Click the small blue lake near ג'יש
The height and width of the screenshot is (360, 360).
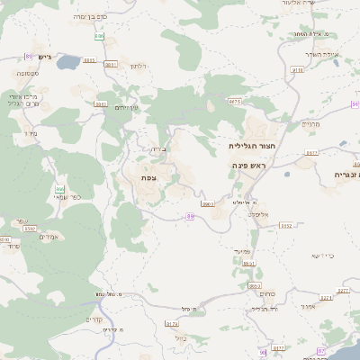click(69, 64)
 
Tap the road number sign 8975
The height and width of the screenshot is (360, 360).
click(235, 102)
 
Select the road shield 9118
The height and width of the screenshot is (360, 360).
click(298, 68)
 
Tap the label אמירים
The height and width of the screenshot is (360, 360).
click(50, 236)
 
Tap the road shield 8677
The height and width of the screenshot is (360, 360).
click(311, 154)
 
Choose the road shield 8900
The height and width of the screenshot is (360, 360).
click(207, 204)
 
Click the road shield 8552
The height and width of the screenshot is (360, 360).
click(285, 226)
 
